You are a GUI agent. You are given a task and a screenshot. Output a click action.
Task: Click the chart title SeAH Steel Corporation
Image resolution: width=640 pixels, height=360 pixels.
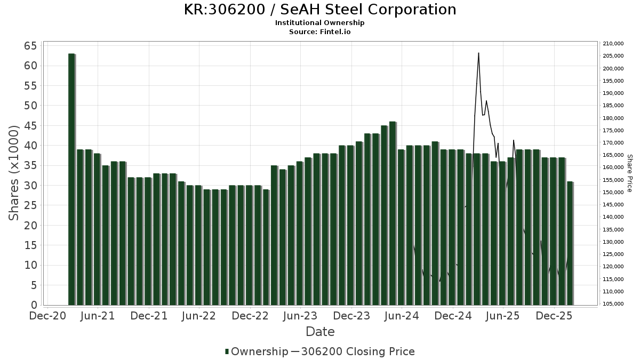[x=320, y=10]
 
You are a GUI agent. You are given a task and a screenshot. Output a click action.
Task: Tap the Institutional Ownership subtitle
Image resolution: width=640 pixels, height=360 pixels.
[x=320, y=23]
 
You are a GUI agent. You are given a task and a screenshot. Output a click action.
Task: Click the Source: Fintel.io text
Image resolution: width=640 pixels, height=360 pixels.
[x=320, y=32]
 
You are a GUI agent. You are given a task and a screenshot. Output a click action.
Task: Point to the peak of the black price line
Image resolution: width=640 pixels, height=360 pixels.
[x=478, y=53]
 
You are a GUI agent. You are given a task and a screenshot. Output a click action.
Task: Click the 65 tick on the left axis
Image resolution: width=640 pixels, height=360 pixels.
[x=30, y=46]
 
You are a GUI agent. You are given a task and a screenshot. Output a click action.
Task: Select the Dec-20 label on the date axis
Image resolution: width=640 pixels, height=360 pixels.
[x=47, y=316]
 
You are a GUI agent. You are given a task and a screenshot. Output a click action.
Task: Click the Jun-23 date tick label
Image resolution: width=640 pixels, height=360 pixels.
[x=300, y=316]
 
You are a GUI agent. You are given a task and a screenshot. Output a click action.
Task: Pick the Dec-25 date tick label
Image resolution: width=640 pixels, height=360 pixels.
[x=555, y=316]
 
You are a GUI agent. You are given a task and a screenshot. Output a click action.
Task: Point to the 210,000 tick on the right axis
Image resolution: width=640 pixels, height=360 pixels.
[x=613, y=44]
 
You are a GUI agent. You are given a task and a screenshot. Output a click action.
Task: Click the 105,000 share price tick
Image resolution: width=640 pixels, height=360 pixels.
[x=613, y=304]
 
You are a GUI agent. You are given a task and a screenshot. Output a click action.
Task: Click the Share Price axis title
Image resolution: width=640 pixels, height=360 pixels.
[x=629, y=173]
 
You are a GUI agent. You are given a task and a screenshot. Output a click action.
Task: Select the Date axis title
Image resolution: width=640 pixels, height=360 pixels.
[x=320, y=332]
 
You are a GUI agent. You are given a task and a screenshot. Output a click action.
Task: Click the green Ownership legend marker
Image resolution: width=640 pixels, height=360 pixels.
[x=227, y=351]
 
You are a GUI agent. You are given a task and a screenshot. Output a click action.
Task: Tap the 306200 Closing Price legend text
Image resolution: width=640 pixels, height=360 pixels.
[x=358, y=351]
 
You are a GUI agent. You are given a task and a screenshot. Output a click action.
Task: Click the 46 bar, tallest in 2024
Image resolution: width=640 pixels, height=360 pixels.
[x=393, y=213]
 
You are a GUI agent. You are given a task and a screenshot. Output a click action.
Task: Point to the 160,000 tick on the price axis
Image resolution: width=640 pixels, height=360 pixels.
[x=613, y=167]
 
